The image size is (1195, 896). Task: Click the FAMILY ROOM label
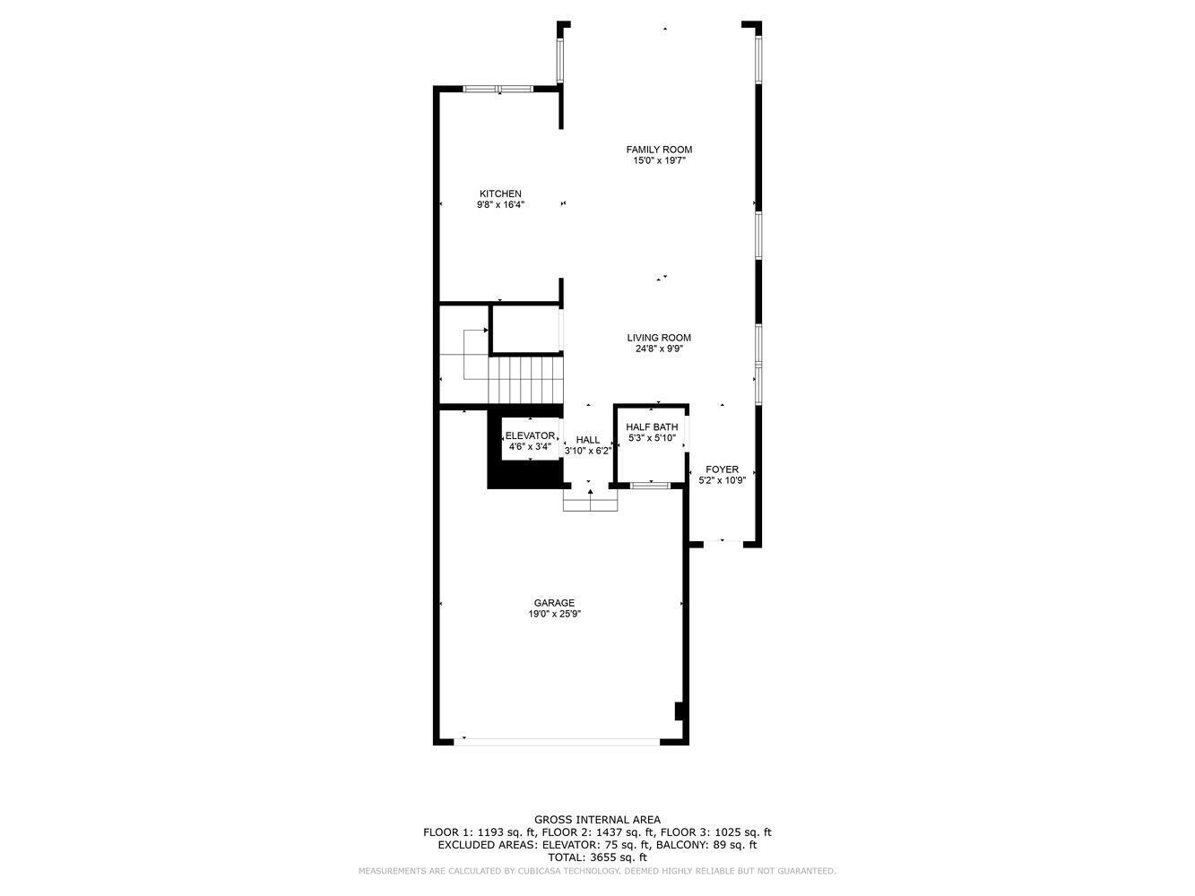(659, 150)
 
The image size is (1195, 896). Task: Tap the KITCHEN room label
(500, 194)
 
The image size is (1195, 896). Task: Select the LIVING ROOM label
(659, 338)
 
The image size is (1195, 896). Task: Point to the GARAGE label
(554, 603)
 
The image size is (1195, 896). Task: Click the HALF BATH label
(652, 427)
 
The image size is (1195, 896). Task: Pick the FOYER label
(722, 470)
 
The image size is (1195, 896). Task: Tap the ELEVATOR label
(530, 435)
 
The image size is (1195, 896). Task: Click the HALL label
(588, 440)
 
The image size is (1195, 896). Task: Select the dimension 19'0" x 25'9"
(555, 615)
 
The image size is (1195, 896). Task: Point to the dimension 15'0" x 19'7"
(659, 161)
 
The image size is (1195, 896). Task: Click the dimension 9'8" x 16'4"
(500, 205)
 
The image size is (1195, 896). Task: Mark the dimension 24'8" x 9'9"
(659, 349)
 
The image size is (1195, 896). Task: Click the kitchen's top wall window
(498, 89)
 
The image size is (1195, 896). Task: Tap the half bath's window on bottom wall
(650, 486)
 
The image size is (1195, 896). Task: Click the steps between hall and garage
(590, 501)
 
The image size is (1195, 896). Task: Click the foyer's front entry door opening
(723, 543)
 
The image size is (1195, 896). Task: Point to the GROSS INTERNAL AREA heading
(597, 820)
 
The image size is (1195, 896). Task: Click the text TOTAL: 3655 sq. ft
(597, 857)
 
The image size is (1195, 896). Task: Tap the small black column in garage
(680, 711)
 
